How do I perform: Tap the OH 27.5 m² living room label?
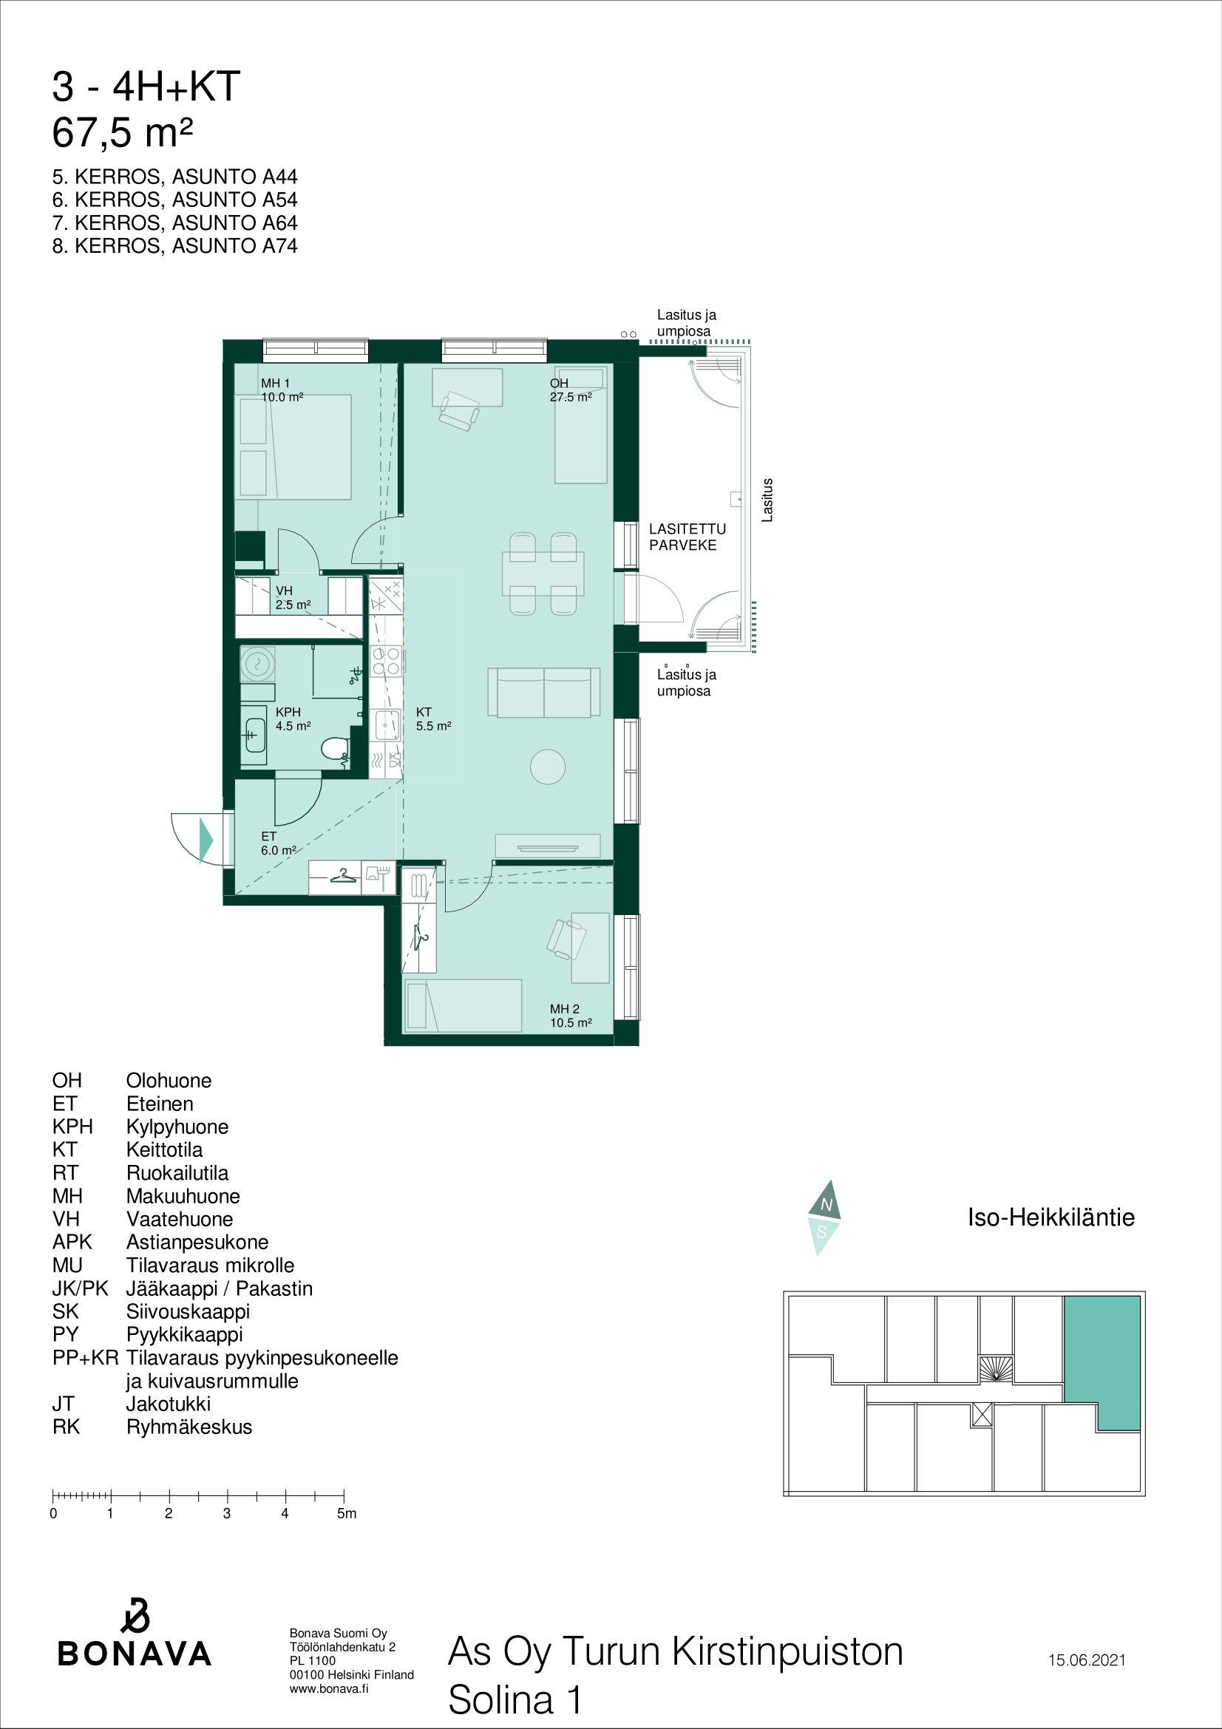[570, 390]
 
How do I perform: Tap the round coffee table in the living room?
[547, 767]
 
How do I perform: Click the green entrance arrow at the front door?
[206, 838]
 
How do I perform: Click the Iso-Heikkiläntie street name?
[1050, 1217]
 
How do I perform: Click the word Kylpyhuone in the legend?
[177, 1127]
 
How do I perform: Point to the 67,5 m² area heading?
[123, 133]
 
